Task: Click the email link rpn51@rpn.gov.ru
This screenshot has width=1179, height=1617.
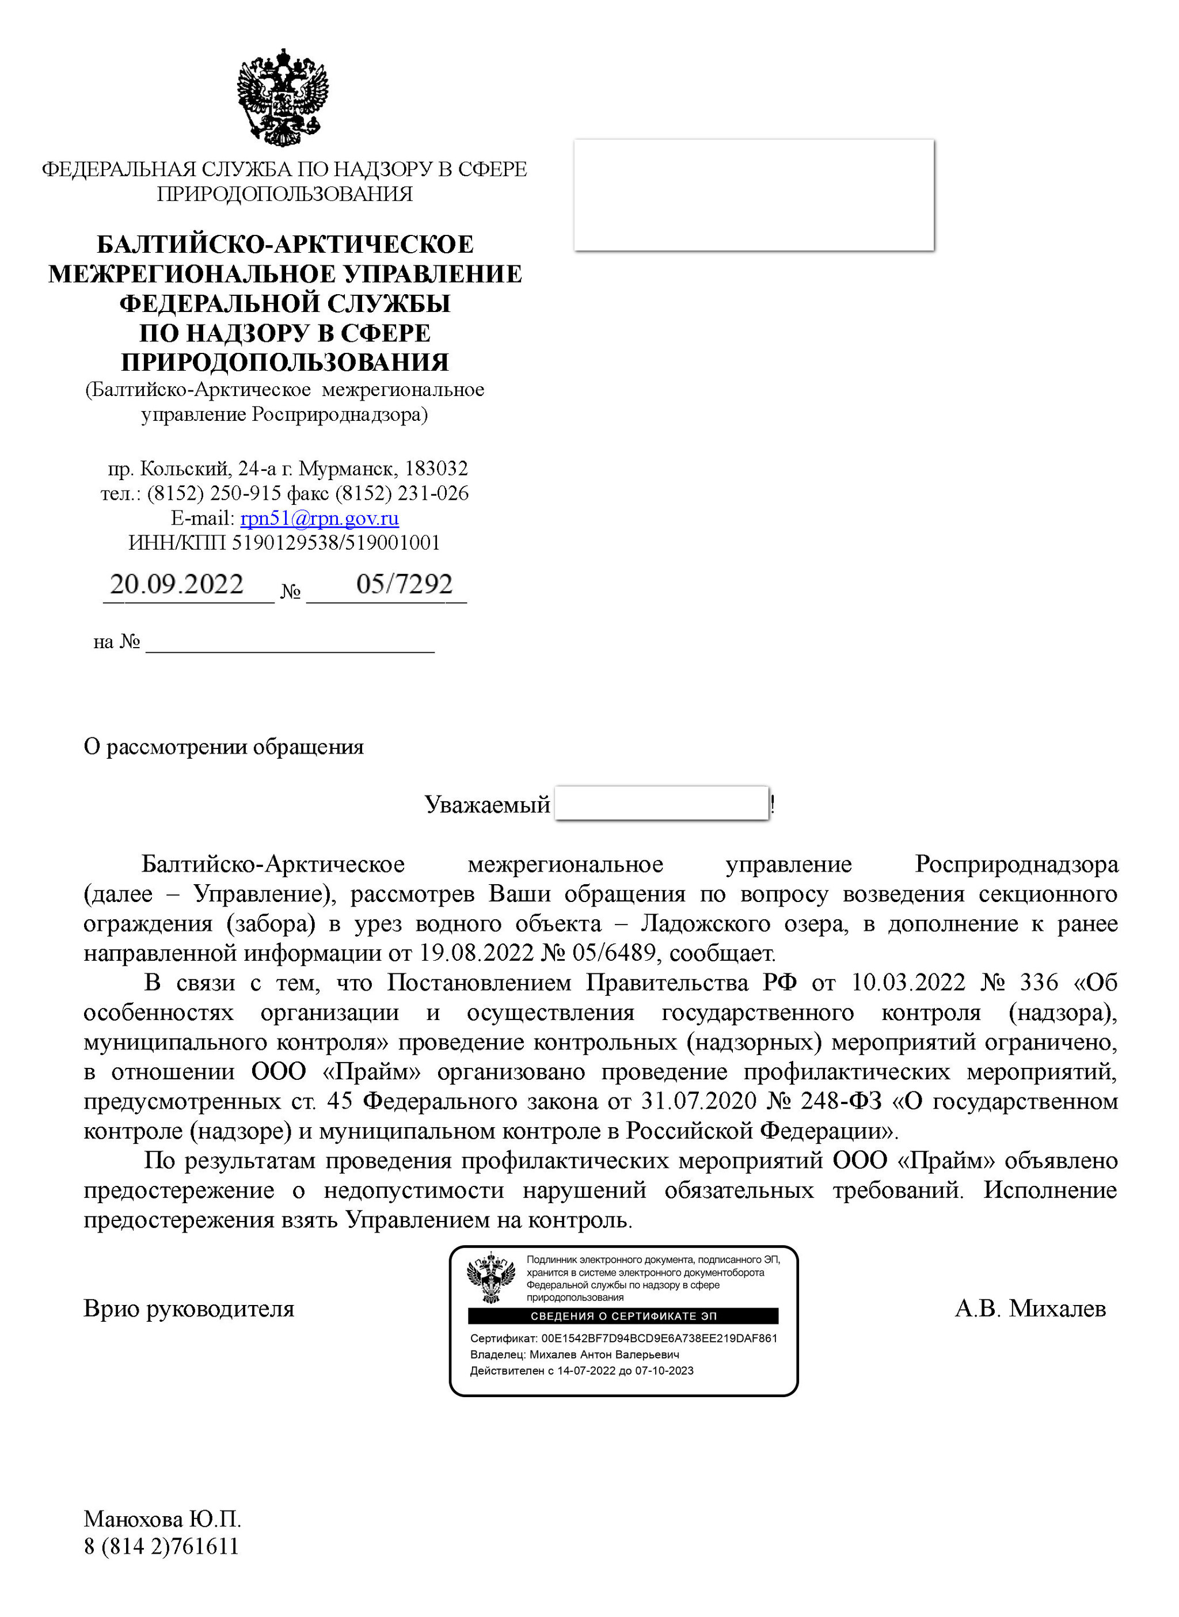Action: point(319,518)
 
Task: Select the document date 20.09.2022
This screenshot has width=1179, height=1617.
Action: point(177,584)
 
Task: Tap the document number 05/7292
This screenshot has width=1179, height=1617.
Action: point(404,584)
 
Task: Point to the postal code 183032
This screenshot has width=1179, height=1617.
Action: point(436,469)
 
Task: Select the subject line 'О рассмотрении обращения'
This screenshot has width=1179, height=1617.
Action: point(223,747)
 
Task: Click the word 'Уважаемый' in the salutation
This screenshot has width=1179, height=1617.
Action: point(486,805)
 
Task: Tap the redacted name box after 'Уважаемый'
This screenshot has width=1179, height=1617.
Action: point(661,804)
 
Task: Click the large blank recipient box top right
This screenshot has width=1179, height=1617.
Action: point(754,195)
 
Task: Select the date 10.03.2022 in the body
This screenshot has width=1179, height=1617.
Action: point(908,983)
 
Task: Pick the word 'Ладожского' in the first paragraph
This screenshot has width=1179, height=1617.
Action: point(705,924)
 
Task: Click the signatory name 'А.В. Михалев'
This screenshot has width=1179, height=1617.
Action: point(1030,1308)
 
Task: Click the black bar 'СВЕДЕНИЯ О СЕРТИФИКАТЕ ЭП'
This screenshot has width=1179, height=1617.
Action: point(623,1316)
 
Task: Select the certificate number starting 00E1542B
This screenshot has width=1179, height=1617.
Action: point(659,1339)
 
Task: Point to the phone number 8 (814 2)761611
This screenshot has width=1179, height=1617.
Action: point(161,1546)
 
